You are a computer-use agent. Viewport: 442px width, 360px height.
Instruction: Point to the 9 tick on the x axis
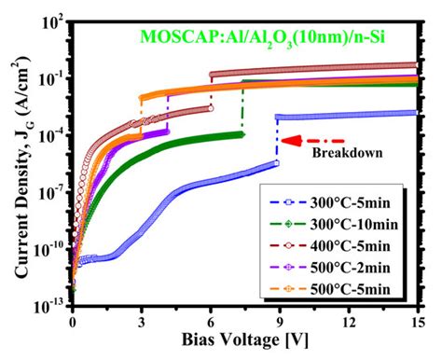pyautogui.click(x=279, y=321)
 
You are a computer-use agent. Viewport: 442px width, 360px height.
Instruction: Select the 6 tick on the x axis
pyautogui.click(x=211, y=321)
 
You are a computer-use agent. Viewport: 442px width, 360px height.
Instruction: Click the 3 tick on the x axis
pyautogui.click(x=142, y=321)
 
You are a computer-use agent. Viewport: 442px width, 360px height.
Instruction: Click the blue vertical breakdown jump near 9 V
pyautogui.click(x=277, y=139)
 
